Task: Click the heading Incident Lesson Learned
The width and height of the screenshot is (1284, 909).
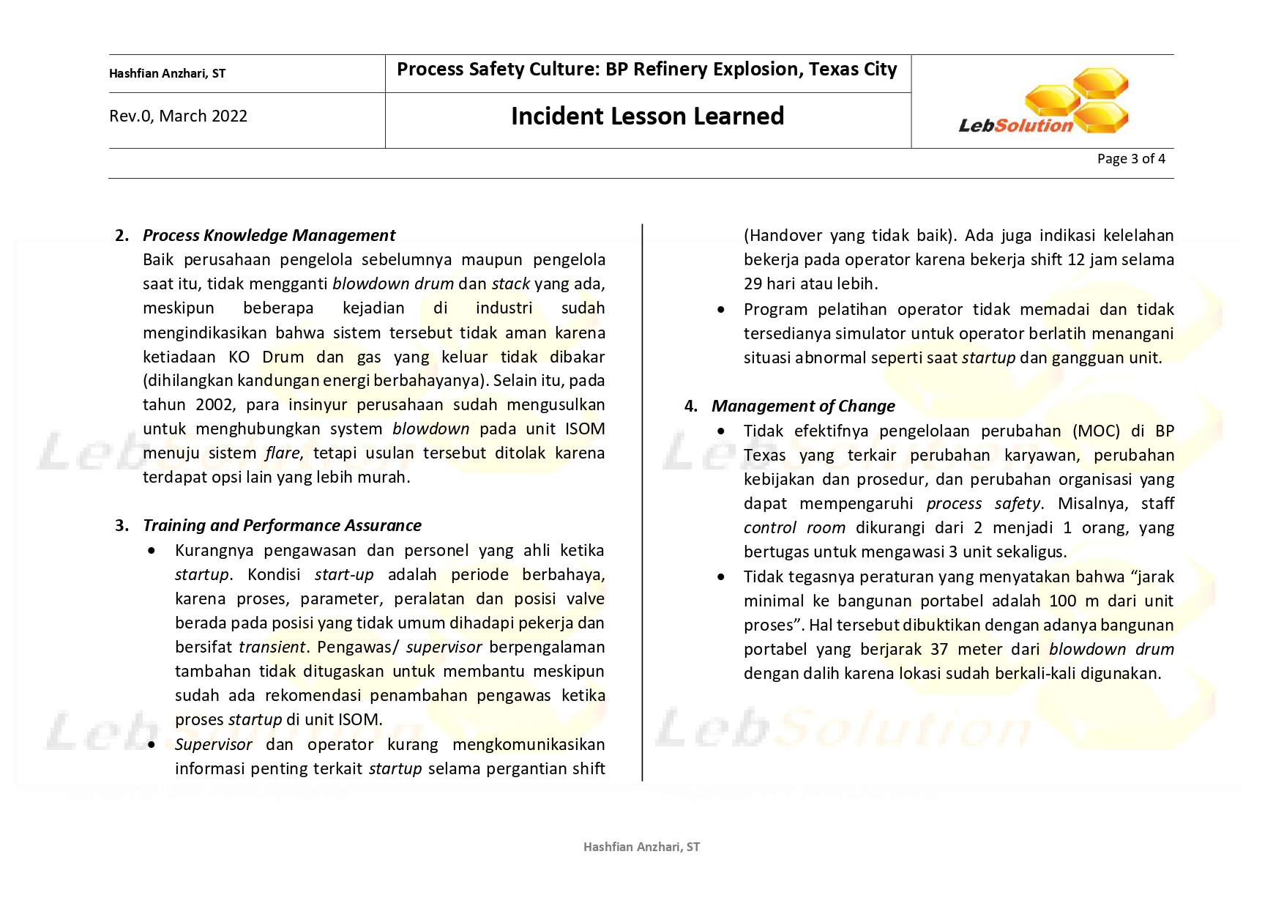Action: [647, 116]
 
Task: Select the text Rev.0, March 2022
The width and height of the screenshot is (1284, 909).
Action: [178, 116]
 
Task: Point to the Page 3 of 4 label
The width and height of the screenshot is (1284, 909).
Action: [1130, 159]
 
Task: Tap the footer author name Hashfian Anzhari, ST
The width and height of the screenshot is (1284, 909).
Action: [641, 847]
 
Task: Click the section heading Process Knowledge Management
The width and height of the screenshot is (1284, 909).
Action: [269, 236]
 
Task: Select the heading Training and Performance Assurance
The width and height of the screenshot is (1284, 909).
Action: [282, 526]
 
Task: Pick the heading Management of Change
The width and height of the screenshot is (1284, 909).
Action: [803, 407]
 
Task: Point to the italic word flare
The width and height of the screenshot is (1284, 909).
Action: [283, 453]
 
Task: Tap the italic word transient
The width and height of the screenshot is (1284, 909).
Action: [272, 648]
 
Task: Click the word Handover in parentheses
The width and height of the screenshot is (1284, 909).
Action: [783, 236]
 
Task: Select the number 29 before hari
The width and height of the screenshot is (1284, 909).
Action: [753, 284]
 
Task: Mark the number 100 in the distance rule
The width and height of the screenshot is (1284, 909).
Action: [1063, 601]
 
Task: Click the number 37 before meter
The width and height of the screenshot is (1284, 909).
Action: [939, 650]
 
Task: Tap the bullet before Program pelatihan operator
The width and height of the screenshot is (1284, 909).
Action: [721, 310]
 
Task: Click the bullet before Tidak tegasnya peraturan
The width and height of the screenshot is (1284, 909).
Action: [721, 577]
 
